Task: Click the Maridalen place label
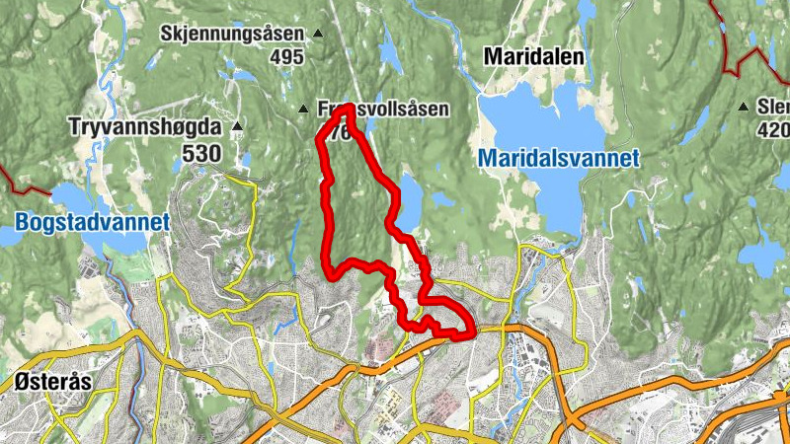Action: pos(534,58)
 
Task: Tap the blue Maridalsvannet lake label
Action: pos(559,158)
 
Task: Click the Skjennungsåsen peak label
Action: pos(231,34)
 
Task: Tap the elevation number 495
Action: pos(285,57)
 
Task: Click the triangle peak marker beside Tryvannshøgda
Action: pos(237,126)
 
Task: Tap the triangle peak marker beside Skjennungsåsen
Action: pos(318,34)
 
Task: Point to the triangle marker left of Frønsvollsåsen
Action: pos(303,108)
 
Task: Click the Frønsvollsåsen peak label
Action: pos(385,109)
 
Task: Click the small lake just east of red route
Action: pos(410,201)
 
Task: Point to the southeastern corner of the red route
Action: pos(468,333)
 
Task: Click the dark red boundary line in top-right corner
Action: pos(733,54)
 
